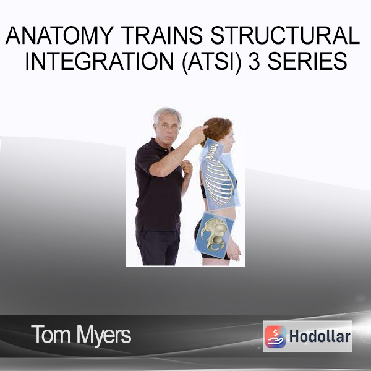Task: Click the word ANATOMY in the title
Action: tap(59, 35)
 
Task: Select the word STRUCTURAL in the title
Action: tap(285, 35)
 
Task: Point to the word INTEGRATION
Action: tap(100, 61)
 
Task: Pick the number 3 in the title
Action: tap(254, 61)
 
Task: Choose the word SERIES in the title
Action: tap(307, 61)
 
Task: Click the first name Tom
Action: tap(51, 334)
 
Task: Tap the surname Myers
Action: tap(104, 336)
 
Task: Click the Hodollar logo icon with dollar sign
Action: tap(275, 336)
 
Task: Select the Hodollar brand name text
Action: tap(320, 336)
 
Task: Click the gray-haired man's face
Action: tap(166, 129)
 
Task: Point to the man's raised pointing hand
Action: tap(198, 134)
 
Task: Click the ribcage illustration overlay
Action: tap(218, 182)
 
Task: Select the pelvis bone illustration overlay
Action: tap(215, 234)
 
